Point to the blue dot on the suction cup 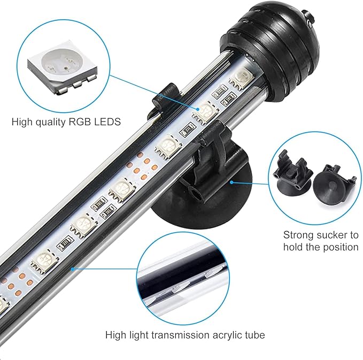click(231, 182)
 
